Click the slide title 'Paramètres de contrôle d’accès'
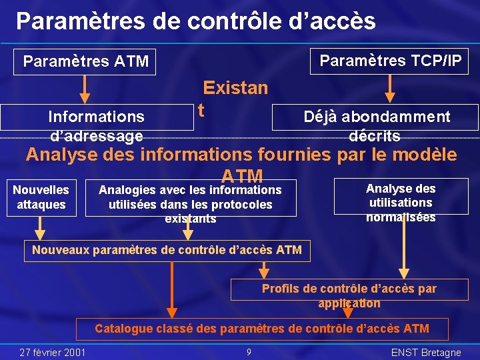point(196,21)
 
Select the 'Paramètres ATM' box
point(85,62)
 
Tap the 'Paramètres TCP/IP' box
point(391,61)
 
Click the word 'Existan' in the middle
point(235,88)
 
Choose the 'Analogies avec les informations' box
point(191,198)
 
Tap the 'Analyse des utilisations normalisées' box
point(401,196)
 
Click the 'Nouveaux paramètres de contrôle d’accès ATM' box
point(167,251)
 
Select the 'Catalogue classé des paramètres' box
point(262,329)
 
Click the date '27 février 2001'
point(53,352)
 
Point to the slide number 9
point(248,352)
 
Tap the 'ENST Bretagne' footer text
point(426,353)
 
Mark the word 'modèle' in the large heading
point(427,155)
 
